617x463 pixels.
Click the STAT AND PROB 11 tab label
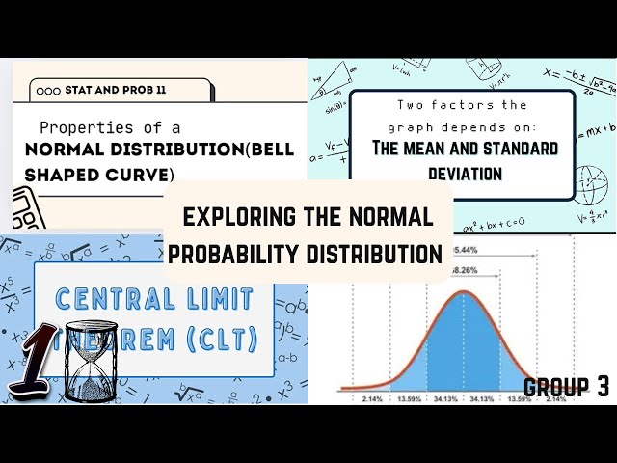114,90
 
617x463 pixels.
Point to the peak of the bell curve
464,292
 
